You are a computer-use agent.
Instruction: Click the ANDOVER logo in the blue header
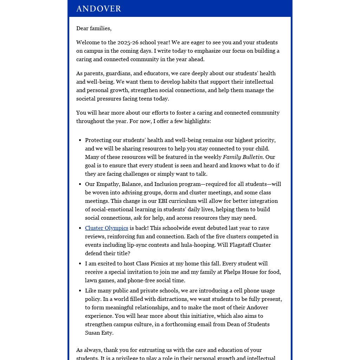(99, 8)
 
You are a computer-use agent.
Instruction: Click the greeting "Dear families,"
(94, 28)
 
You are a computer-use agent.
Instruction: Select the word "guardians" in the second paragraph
(118, 73)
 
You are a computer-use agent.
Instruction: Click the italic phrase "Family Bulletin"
(243, 157)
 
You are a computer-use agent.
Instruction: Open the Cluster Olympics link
(107, 228)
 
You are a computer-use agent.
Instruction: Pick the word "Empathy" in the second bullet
(107, 184)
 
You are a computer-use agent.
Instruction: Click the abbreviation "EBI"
(163, 201)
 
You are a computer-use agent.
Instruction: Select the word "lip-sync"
(138, 245)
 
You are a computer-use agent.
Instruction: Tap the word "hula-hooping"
(192, 245)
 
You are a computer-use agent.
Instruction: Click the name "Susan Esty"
(99, 333)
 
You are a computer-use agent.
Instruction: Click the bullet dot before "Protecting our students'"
(81, 140)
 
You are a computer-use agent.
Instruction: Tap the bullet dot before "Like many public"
(81, 291)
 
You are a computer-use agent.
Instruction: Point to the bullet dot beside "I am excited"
(81, 264)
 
